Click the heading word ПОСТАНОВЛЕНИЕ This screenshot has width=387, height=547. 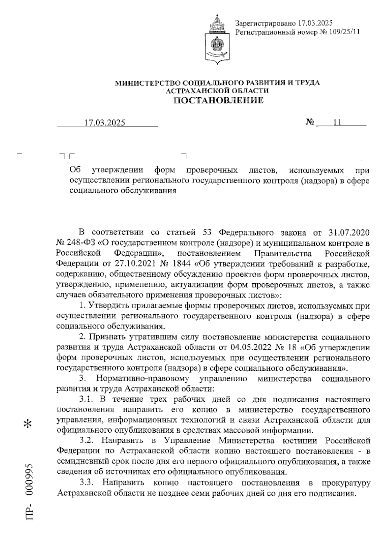[219, 101]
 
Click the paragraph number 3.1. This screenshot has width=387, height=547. [86, 399]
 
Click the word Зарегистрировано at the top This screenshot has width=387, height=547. [265, 23]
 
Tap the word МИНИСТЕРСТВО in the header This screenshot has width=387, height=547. [144, 83]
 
